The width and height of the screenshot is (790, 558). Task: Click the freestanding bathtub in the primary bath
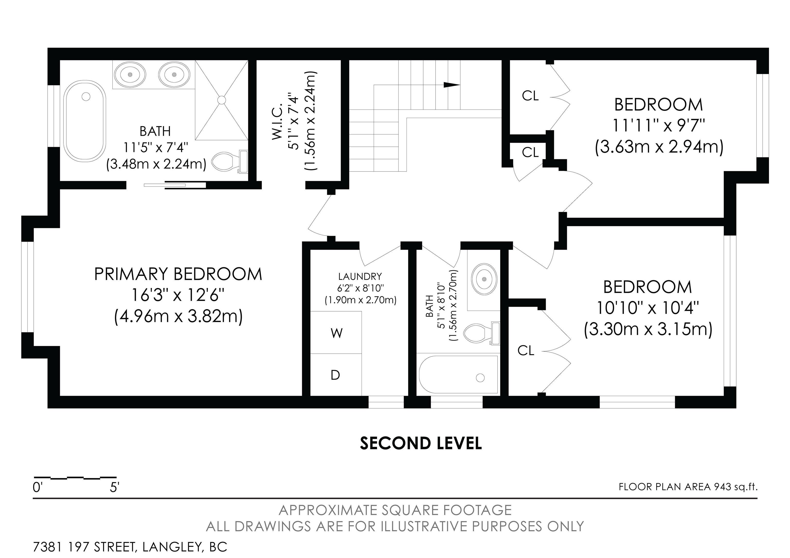click(x=85, y=121)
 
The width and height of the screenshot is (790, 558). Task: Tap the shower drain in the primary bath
click(x=222, y=100)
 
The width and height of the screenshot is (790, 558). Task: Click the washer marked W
click(x=336, y=333)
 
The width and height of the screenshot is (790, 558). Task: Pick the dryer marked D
click(x=336, y=375)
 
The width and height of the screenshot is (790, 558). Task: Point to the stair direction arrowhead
click(x=452, y=85)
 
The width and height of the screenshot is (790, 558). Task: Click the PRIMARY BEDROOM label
click(x=178, y=274)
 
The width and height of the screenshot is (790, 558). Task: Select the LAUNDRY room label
click(x=360, y=276)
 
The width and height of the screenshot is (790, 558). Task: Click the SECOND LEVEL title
click(x=421, y=444)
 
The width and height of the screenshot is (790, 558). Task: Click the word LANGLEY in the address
click(x=171, y=547)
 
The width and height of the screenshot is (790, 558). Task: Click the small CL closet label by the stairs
click(x=530, y=152)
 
